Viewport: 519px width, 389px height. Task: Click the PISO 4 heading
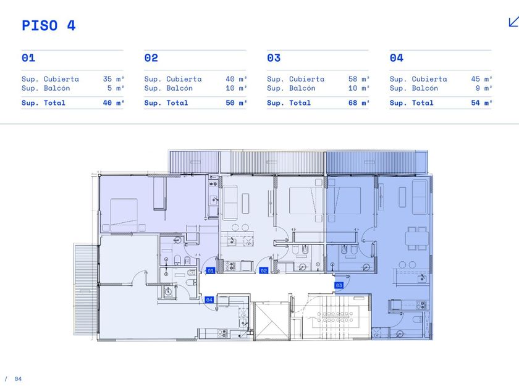point(49,25)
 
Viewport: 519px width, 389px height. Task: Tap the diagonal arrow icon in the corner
point(513,22)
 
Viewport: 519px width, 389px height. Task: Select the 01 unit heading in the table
point(28,58)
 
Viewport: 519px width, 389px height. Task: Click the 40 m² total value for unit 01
point(114,103)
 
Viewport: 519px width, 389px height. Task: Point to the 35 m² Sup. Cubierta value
point(114,79)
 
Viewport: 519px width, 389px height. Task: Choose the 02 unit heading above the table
point(151,58)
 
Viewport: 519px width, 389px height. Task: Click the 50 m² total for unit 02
point(236,103)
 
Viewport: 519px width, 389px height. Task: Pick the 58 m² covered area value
point(359,79)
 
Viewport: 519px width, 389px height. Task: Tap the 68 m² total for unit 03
point(359,103)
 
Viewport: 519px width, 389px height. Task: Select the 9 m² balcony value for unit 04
point(484,88)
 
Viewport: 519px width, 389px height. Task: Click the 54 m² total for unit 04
point(482,103)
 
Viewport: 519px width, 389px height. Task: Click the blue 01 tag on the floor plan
point(211,270)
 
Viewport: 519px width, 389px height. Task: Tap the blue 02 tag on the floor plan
point(263,270)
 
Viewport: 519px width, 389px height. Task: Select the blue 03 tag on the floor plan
point(339,285)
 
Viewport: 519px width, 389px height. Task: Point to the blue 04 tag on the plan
point(209,299)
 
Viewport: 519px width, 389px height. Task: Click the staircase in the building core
point(335,317)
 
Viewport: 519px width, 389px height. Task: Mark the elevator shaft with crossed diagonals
point(271,321)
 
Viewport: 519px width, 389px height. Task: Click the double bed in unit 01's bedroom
point(124,215)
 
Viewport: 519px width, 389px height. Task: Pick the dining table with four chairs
point(417,238)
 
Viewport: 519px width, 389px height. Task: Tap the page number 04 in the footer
point(18,379)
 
